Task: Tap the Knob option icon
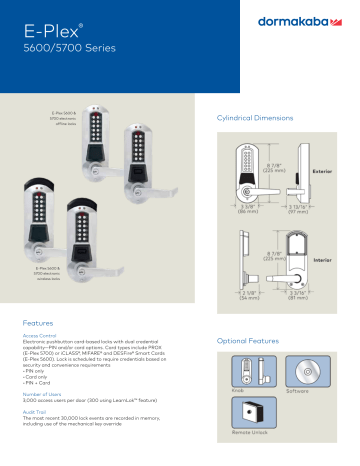pos(246,369)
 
